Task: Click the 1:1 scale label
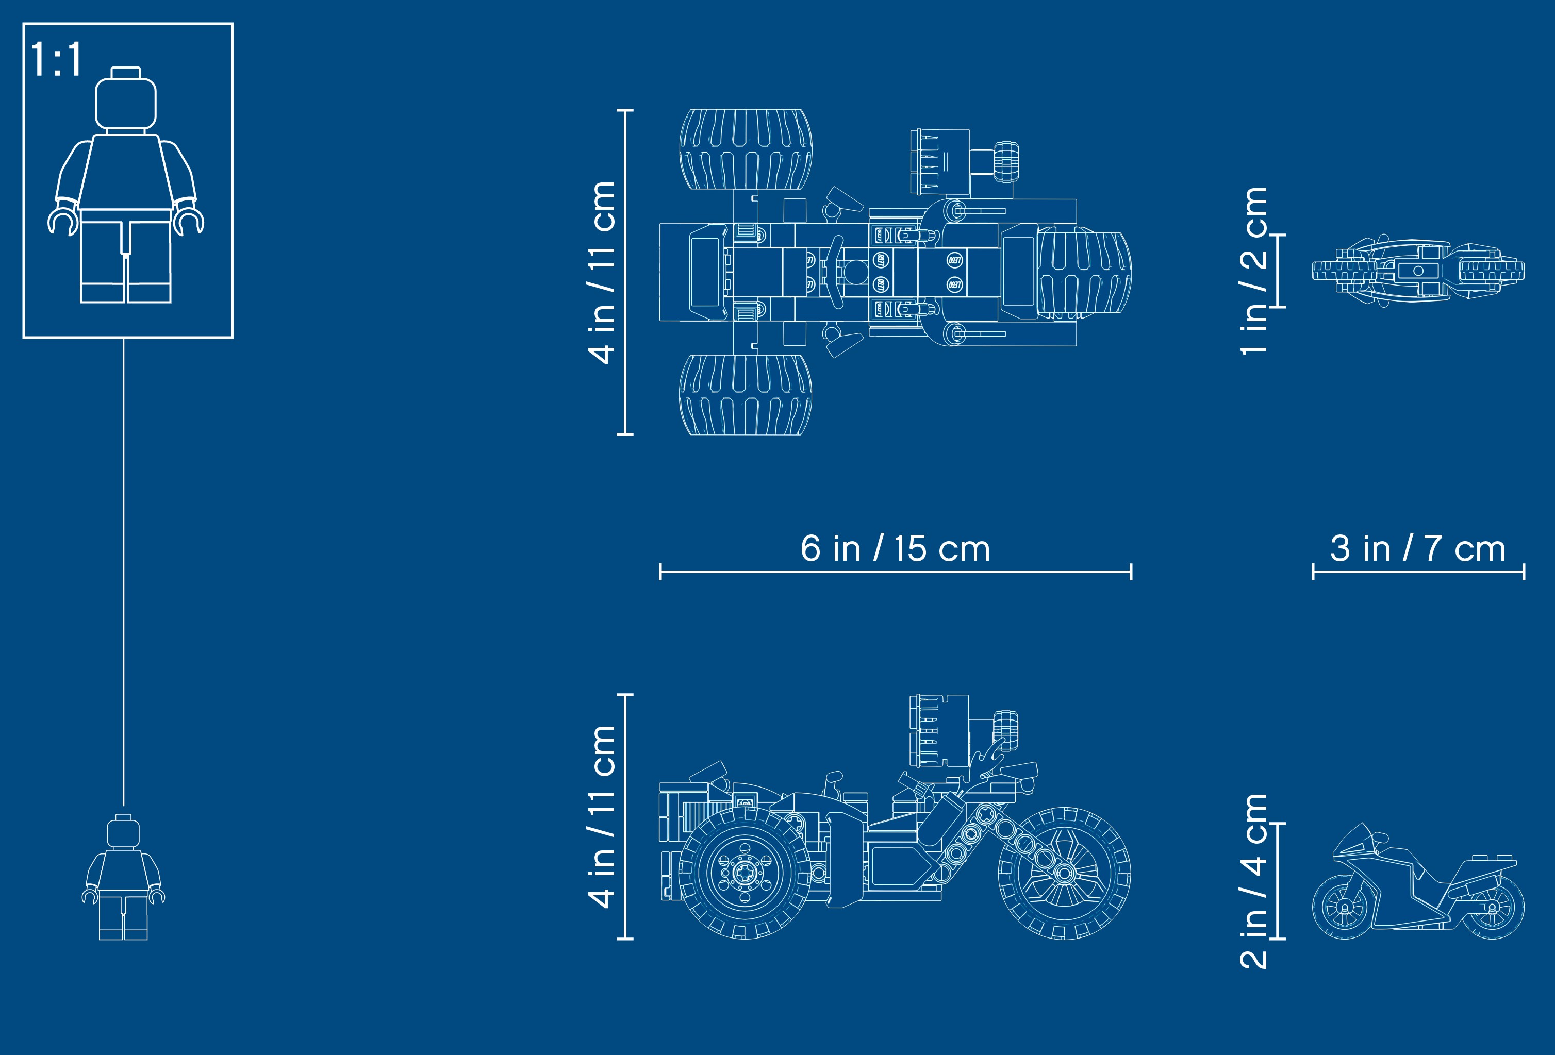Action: (x=56, y=60)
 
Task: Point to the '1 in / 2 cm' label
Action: (x=1253, y=271)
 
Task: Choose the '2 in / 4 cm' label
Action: (x=1253, y=881)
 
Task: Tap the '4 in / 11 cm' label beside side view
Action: (x=602, y=817)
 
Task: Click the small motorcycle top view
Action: (x=1418, y=271)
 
